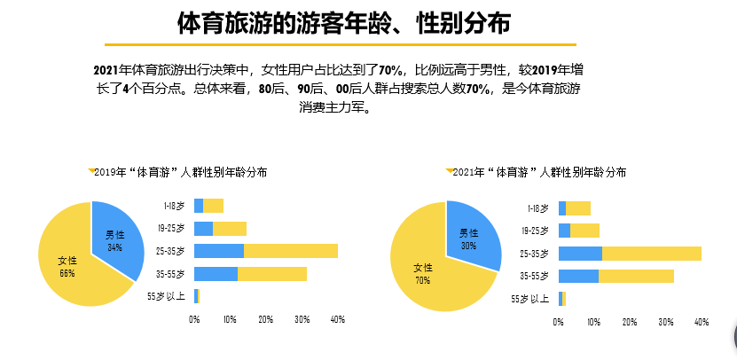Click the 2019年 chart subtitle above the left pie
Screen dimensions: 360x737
[181, 171]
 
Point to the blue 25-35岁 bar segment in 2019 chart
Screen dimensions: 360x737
[219, 251]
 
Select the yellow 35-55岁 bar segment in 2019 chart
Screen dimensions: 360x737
[271, 274]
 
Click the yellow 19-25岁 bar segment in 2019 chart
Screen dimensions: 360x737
[230, 229]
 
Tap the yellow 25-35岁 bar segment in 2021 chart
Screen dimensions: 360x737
[651, 254]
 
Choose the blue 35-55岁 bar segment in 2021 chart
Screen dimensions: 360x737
[578, 276]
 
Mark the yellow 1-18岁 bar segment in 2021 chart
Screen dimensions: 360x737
[577, 208]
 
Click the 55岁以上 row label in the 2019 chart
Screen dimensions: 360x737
[167, 296]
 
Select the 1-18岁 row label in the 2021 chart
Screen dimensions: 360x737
[536, 209]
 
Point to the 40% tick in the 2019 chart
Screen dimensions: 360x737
[337, 319]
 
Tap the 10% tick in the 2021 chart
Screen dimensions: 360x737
[594, 322]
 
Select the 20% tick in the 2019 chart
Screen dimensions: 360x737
[265, 319]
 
